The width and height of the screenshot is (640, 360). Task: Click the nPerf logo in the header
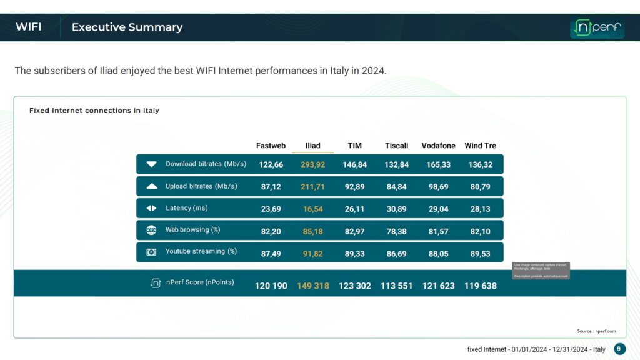pyautogui.click(x=597, y=28)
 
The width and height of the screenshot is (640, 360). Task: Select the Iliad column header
pyautogui.click(x=312, y=146)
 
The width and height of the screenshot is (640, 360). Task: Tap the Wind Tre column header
pyautogui.click(x=480, y=146)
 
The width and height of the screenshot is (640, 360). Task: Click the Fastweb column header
pyautogui.click(x=271, y=146)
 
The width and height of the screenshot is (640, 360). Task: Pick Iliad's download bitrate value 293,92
pyautogui.click(x=312, y=164)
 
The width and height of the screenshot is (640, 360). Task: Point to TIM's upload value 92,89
pyautogui.click(x=354, y=187)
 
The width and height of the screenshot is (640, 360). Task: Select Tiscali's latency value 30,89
pyautogui.click(x=396, y=209)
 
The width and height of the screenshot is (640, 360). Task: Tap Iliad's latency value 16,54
pyautogui.click(x=312, y=209)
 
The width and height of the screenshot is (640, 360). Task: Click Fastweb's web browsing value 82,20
pyautogui.click(x=271, y=231)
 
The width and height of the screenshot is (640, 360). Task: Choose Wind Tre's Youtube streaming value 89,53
pyautogui.click(x=480, y=253)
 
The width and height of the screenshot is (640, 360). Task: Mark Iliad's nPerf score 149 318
pyautogui.click(x=312, y=286)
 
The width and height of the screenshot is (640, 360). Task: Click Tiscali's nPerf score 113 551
pyautogui.click(x=396, y=286)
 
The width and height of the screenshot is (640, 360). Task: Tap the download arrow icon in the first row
pyautogui.click(x=151, y=164)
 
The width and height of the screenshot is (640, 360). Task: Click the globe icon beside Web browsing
pyautogui.click(x=151, y=230)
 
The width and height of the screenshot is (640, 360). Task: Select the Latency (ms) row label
pyautogui.click(x=186, y=208)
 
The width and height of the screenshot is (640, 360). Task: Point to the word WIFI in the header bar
pyautogui.click(x=29, y=27)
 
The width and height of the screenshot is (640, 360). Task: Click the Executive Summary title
pyautogui.click(x=127, y=27)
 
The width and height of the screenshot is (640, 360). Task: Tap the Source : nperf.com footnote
pyautogui.click(x=596, y=331)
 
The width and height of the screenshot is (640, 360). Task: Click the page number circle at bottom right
pyautogui.click(x=619, y=349)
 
